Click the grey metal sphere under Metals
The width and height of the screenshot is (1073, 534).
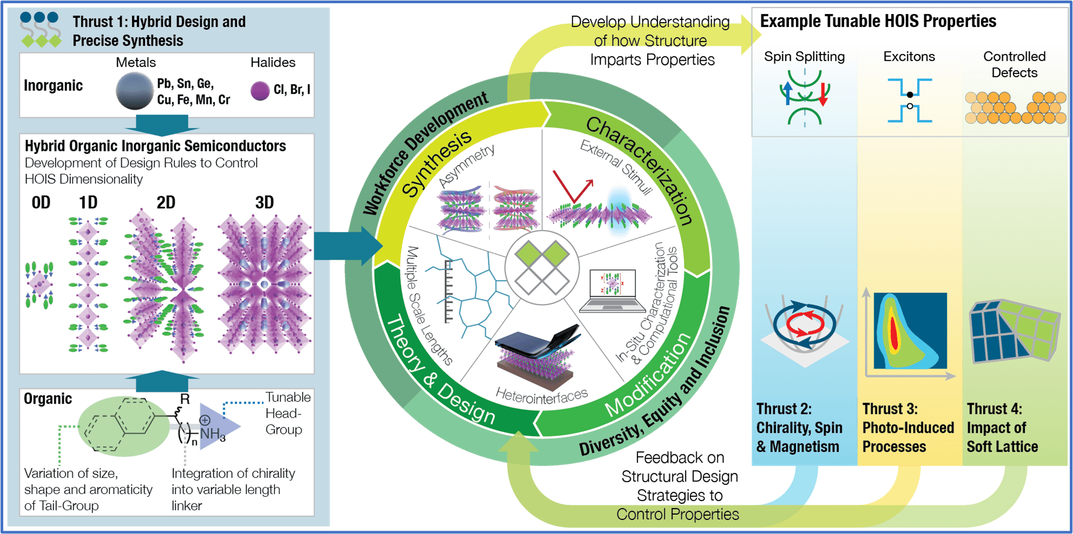pos(135,91)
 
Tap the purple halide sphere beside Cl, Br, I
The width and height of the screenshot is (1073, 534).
pos(260,91)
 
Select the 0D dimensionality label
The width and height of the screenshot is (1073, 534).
pos(41,203)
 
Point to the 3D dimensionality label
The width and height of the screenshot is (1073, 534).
pos(264,203)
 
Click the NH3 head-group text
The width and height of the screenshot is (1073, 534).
pos(212,434)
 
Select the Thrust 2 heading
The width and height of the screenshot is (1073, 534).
pos(784,409)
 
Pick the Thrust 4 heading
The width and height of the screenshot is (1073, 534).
pos(994,409)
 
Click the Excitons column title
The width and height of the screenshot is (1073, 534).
pos(909,57)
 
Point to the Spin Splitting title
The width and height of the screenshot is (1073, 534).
pos(804,57)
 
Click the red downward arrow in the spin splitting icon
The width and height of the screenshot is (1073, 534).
pos(823,95)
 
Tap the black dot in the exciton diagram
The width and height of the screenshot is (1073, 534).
pos(910,95)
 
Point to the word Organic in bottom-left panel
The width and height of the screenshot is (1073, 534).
pos(48,399)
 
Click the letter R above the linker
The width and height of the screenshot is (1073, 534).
pos(185,399)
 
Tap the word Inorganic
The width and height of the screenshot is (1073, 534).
pos(53,86)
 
